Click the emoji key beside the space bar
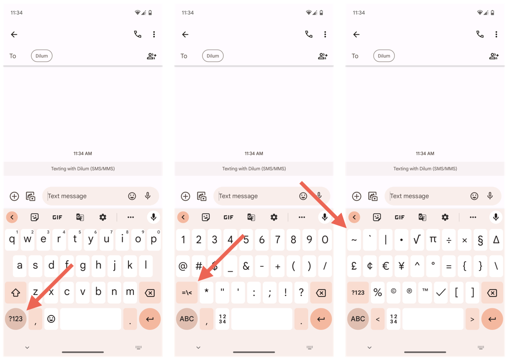pos(51,319)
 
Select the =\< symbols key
pos(187,293)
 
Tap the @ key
pos(183,266)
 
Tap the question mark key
pos(301,293)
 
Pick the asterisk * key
pos(206,293)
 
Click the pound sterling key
pos(354,266)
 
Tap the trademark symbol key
pos(425,293)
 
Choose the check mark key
pos(441,293)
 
